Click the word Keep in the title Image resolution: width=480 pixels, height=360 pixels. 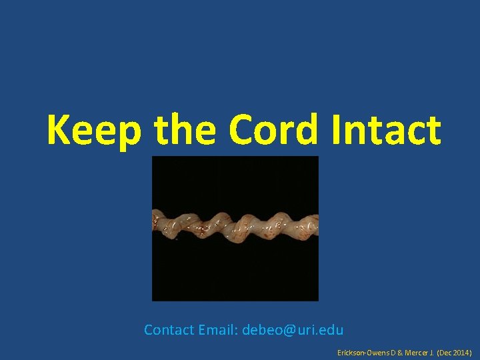coord(94,130)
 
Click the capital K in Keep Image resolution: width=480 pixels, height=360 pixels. coord(59,130)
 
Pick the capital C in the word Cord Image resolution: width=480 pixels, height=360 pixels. coord(242,130)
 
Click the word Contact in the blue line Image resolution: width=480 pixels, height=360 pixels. coord(169,330)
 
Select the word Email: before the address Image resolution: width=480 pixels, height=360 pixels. coord(218,330)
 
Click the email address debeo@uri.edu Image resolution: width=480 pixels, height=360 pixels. coord(293,330)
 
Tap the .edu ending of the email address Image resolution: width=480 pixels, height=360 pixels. coord(331,330)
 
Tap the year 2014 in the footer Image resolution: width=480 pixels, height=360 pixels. coord(462,351)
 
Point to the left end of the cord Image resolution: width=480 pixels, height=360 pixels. coord(157,222)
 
